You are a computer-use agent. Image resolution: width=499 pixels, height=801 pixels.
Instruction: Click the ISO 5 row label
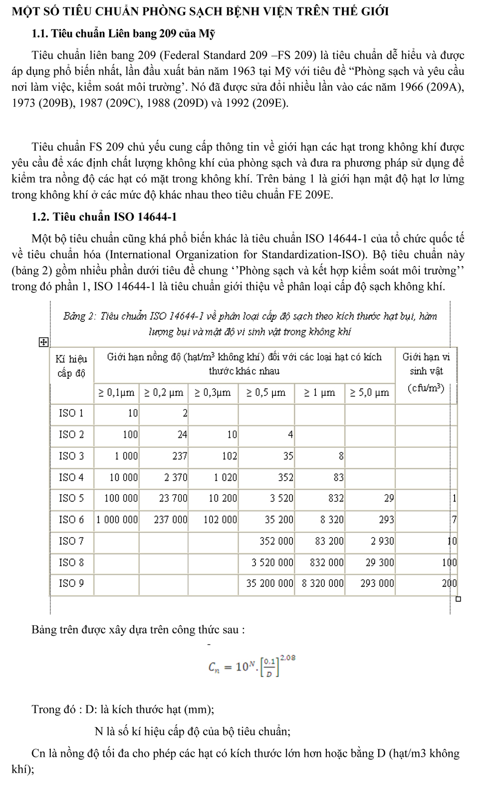coord(71,498)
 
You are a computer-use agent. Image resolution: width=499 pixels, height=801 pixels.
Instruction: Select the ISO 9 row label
coord(71,583)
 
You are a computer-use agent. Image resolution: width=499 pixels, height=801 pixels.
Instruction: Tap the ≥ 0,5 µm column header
coord(266,392)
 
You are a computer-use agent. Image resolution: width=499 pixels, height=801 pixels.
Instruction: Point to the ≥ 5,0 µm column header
coord(369,392)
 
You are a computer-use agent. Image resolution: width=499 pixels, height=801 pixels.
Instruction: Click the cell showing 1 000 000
coord(117,520)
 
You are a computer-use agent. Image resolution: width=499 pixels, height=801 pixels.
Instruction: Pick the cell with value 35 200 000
coord(270,583)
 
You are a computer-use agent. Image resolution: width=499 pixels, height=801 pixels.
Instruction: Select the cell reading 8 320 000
coord(323,583)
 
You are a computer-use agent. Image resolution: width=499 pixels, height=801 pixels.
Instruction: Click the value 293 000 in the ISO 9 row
coord(377,583)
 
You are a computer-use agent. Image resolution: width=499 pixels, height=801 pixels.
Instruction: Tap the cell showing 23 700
coord(173,498)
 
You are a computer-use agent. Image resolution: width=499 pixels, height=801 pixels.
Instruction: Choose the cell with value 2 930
coord(382,541)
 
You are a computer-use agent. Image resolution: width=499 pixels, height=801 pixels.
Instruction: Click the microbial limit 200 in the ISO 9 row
coord(450,583)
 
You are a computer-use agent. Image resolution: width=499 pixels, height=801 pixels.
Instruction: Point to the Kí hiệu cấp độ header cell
coord(71,366)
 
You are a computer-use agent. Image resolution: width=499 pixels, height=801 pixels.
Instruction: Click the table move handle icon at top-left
coord(43,342)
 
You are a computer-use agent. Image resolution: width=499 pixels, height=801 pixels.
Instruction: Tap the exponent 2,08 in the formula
coord(288,658)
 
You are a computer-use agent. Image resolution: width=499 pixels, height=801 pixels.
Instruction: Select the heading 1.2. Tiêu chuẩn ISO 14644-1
coord(104,217)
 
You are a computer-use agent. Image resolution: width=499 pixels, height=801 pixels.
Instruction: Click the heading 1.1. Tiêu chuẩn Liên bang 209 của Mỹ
coord(123,34)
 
